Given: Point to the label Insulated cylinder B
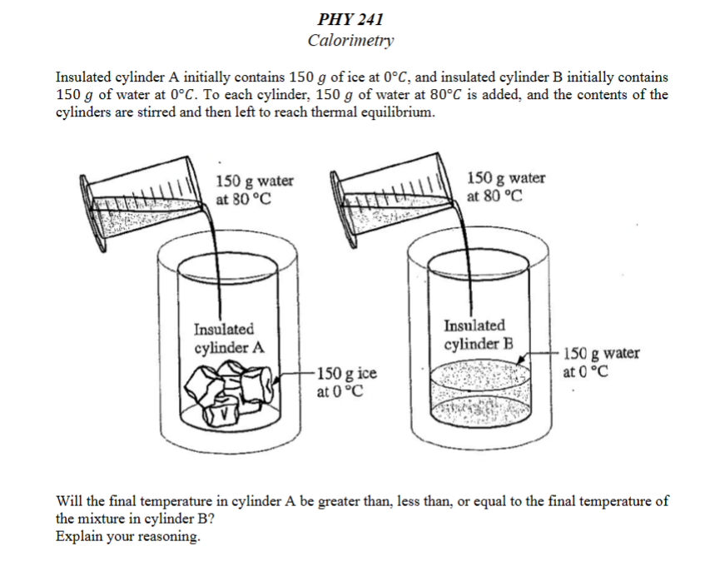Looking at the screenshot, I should tap(479, 334).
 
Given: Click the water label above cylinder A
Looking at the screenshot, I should tap(254, 190).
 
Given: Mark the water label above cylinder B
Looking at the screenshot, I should tap(506, 187).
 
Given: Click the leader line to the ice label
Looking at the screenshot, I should tap(299, 375).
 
